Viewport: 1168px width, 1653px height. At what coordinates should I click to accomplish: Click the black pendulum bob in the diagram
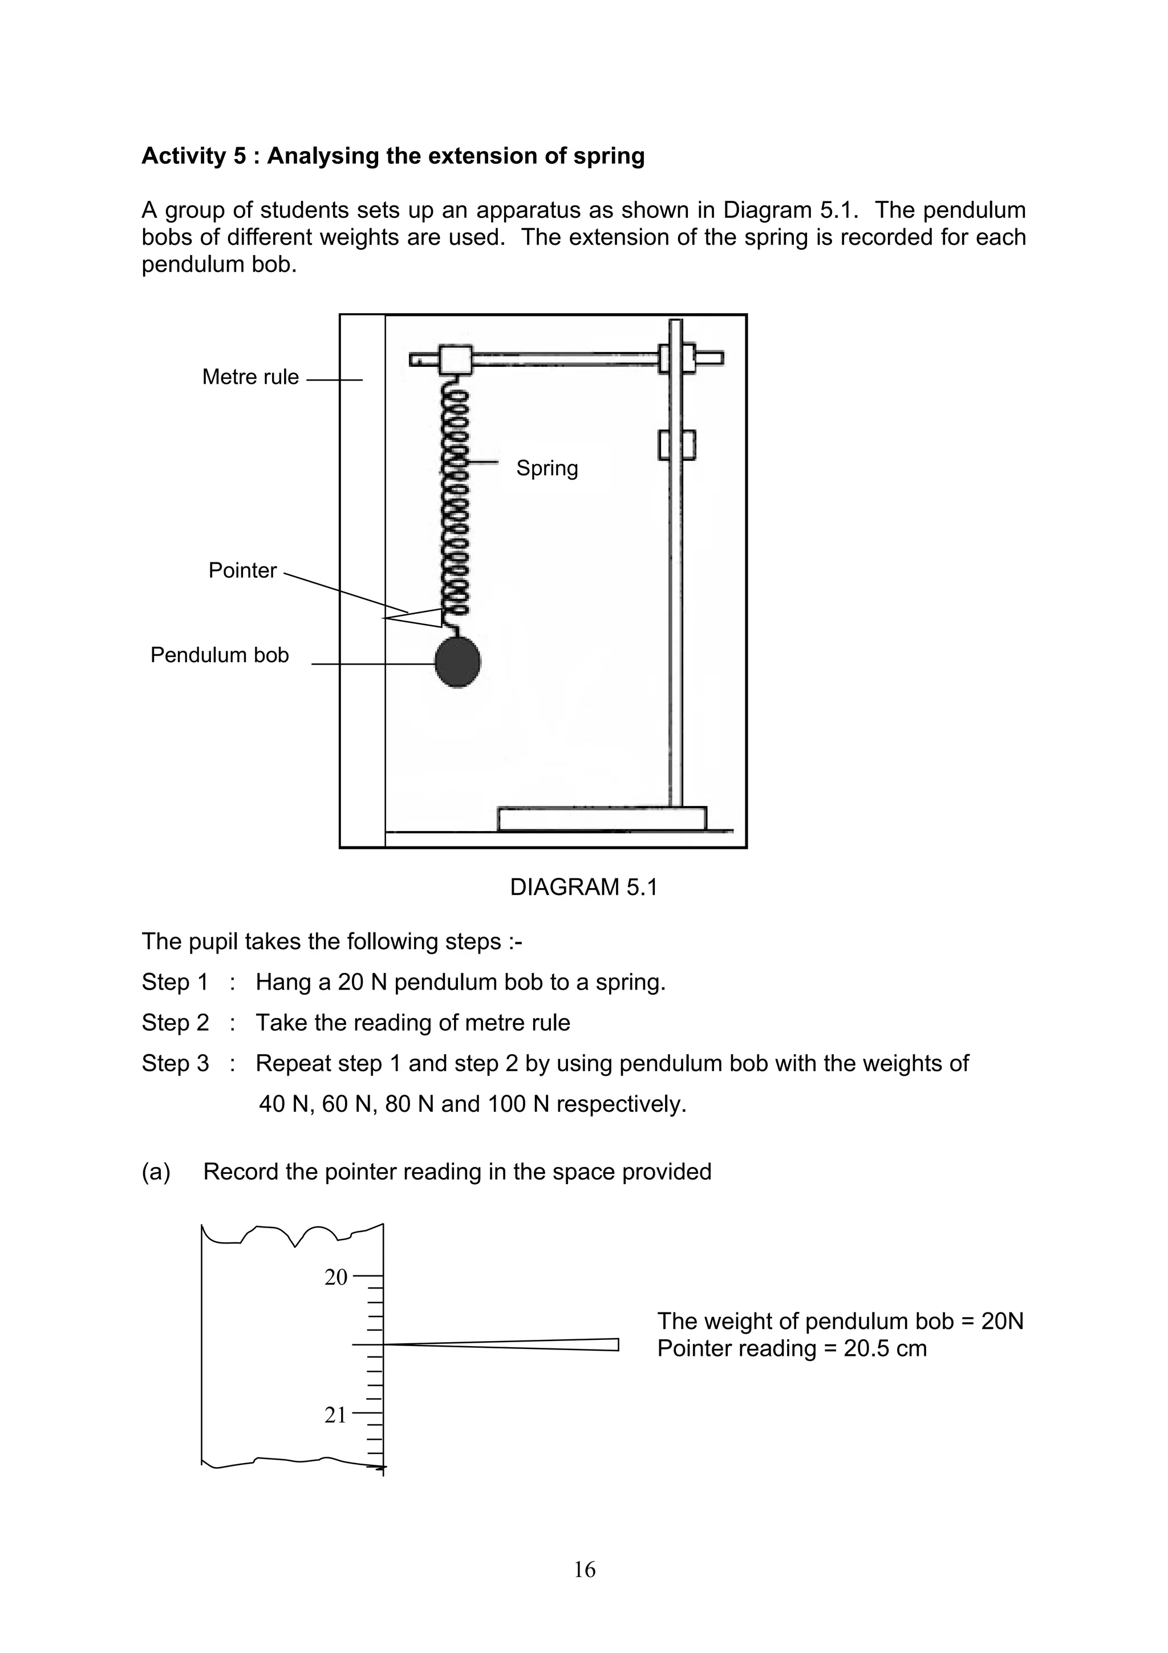point(458,661)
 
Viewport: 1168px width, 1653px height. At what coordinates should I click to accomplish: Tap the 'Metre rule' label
point(250,376)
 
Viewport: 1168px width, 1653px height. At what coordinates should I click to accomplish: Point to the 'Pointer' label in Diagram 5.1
point(242,570)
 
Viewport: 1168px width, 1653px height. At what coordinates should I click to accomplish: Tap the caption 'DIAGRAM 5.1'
point(583,887)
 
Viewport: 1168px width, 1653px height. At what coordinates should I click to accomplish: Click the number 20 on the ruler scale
point(336,1277)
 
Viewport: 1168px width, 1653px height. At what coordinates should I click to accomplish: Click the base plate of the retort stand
point(602,819)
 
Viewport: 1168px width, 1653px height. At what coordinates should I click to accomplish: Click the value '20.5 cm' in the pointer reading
point(885,1348)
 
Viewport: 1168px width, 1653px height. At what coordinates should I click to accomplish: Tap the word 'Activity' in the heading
point(184,156)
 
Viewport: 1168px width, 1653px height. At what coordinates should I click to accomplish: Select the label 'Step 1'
point(175,982)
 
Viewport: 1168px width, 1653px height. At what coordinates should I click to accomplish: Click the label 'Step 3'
point(175,1063)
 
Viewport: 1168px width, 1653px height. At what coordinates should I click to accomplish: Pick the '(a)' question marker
point(156,1172)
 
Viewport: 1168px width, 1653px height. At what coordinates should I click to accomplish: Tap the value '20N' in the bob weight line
point(1002,1321)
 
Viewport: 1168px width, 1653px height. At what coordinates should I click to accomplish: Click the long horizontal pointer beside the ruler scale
point(504,1344)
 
